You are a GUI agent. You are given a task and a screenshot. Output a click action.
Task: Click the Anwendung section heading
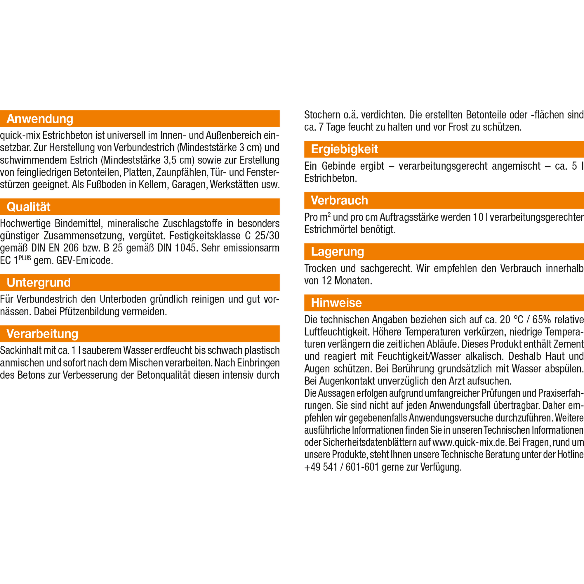coord(40,119)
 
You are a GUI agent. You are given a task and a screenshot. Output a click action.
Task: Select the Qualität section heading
coord(29,207)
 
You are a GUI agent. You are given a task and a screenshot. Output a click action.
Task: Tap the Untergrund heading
coord(39,282)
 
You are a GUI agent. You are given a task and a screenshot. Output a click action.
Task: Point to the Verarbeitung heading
coord(42,334)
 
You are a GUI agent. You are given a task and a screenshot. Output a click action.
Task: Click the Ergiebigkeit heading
coord(344,149)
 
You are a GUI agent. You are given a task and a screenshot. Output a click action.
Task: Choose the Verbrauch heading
coord(339,200)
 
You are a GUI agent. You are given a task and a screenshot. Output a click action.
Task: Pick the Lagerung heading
coord(337,251)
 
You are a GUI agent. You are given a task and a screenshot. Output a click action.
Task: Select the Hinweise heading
coord(336,303)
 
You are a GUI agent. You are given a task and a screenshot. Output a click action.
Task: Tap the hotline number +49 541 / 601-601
coord(342,467)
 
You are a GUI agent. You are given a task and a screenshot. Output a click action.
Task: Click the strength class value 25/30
coord(267,235)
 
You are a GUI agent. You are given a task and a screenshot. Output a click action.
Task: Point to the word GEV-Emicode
coord(85,260)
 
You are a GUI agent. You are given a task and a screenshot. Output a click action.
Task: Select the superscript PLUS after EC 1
coord(25,258)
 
